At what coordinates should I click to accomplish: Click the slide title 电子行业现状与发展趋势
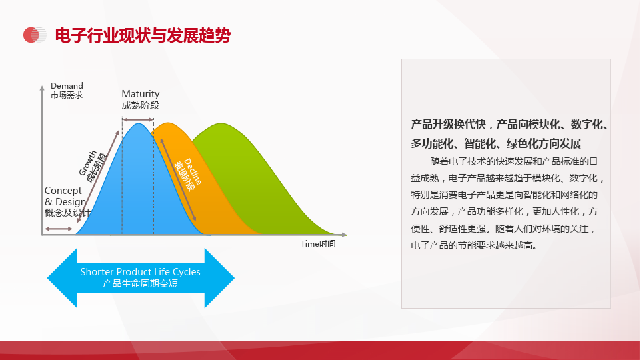tap(143, 36)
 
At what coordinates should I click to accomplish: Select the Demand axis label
tap(67, 86)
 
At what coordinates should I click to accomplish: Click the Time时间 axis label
tap(318, 244)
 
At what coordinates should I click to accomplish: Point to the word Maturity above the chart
tap(140, 94)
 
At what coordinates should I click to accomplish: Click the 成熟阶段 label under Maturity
tap(140, 106)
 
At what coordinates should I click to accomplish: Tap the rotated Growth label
tap(88, 163)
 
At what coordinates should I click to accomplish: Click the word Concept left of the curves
tap(63, 190)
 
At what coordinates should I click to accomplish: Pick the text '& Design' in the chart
tap(65, 202)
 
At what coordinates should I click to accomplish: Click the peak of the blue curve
tap(138, 124)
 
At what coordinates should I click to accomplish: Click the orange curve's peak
tap(168, 123)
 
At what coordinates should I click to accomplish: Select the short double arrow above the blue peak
tap(138, 120)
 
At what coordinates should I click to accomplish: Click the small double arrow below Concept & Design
tap(58, 229)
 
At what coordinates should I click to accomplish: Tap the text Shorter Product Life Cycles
tap(140, 272)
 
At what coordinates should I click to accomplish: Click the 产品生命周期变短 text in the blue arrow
tap(140, 284)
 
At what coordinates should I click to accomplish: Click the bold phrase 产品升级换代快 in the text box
tap(448, 124)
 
